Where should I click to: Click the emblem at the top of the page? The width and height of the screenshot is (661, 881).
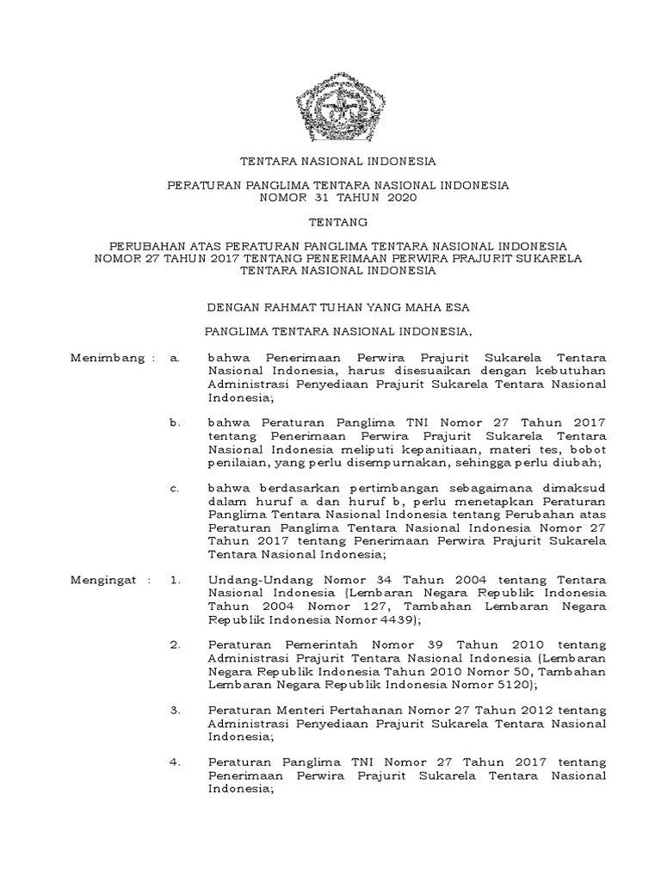(x=330, y=108)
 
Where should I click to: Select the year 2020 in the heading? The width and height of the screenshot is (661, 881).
(x=399, y=198)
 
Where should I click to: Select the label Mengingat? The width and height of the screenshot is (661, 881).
(x=101, y=580)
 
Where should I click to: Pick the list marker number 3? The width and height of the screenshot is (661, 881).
(x=175, y=711)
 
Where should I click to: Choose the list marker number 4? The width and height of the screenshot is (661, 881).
(x=175, y=762)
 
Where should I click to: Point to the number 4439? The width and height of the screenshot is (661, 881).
(x=393, y=619)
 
